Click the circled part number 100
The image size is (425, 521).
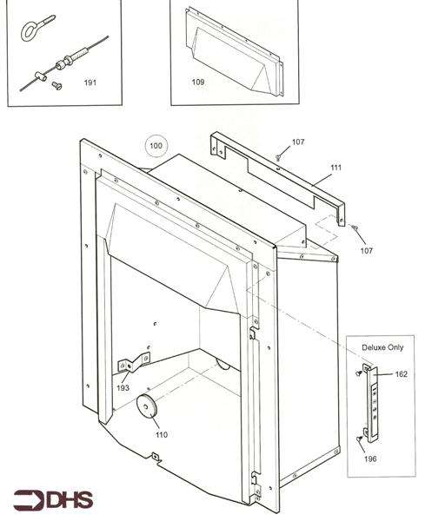pyautogui.click(x=156, y=147)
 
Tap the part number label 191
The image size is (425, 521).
pyautogui.click(x=90, y=83)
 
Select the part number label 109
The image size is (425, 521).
pyautogui.click(x=197, y=82)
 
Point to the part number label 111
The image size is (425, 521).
pyautogui.click(x=335, y=168)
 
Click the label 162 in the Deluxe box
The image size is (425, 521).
pyautogui.click(x=401, y=374)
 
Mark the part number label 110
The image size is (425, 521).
pyautogui.click(x=161, y=434)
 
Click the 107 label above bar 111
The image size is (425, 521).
pyautogui.click(x=298, y=142)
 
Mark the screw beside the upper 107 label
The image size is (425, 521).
pyautogui.click(x=277, y=156)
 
